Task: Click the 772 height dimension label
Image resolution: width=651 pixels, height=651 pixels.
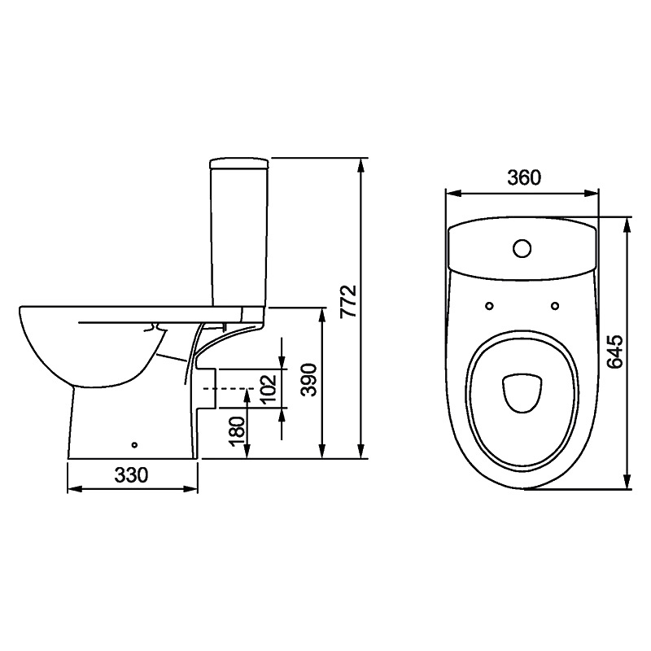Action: (348, 300)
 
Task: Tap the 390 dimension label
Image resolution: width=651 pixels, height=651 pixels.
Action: (309, 380)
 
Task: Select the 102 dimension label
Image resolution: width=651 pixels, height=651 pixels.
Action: (269, 389)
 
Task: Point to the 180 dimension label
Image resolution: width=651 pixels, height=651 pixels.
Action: (238, 432)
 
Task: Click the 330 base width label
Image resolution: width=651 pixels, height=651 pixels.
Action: (131, 474)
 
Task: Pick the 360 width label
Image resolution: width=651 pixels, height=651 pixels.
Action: (524, 177)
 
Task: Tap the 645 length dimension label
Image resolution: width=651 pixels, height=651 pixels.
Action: (614, 352)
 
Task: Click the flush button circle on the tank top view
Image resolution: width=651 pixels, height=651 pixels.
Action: (522, 248)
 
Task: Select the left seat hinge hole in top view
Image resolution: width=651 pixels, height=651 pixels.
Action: (490, 306)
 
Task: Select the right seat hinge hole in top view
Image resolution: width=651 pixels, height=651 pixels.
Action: (555, 306)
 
